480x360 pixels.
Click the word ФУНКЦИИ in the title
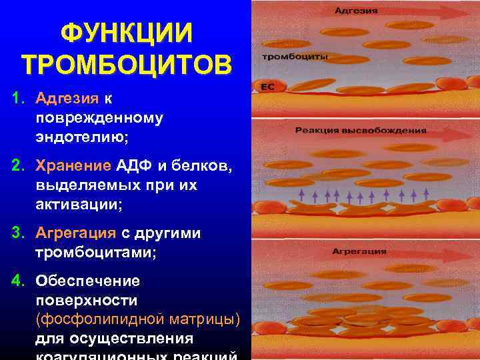(x=127, y=32)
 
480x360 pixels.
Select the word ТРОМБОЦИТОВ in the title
(x=127, y=65)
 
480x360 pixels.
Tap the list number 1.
(x=16, y=99)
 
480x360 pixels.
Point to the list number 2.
(x=16, y=165)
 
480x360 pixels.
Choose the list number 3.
(x=16, y=233)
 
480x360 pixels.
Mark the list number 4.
(x=16, y=280)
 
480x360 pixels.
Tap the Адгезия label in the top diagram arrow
(x=355, y=11)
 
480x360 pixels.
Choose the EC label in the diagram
(x=268, y=85)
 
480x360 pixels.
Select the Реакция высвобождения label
(x=360, y=130)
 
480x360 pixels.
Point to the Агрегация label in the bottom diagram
(x=359, y=252)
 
